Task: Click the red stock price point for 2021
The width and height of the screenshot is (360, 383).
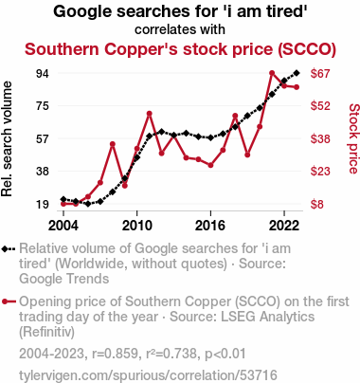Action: [272, 73]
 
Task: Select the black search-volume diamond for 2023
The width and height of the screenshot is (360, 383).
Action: [297, 73]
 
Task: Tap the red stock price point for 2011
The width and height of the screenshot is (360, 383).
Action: [150, 114]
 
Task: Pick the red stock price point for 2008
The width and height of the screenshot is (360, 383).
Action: [113, 144]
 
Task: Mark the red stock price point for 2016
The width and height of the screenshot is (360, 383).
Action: [210, 165]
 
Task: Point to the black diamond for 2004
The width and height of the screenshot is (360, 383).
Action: [63, 199]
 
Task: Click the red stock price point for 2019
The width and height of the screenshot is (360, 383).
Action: [247, 155]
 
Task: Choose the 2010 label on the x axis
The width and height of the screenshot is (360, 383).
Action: [137, 226]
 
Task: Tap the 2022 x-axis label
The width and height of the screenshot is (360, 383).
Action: [284, 226]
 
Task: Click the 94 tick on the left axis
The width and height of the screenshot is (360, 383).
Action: [43, 74]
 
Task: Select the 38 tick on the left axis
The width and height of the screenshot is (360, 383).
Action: [43, 172]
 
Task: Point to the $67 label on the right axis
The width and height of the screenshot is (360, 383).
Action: [320, 74]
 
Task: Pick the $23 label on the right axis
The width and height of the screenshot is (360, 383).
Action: [320, 172]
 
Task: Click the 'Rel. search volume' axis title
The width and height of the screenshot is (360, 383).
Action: [7, 139]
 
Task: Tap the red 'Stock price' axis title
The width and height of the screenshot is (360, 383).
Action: [353, 138]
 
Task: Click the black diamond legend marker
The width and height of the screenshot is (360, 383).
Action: [5, 249]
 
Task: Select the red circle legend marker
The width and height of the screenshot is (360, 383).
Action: [5, 301]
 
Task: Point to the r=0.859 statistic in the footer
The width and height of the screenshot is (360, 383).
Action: [117, 354]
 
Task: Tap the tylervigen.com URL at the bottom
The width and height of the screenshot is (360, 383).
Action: [148, 375]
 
